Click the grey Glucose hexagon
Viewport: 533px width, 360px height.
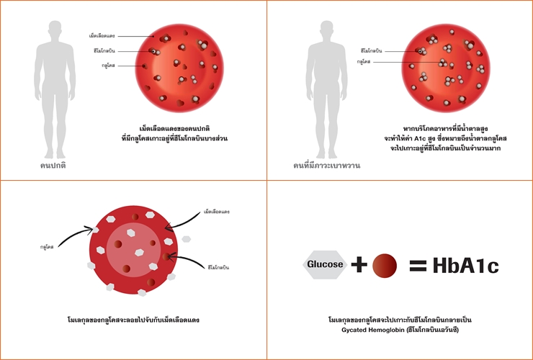point(325,265)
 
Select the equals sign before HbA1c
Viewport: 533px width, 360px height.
point(418,266)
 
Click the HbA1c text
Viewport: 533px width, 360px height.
point(465,266)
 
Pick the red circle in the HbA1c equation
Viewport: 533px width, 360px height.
point(385,266)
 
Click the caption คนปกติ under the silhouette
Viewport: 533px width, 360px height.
point(53,165)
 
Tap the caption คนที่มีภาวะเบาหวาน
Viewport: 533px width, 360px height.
point(326,165)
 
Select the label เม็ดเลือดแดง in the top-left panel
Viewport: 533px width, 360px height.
point(102,35)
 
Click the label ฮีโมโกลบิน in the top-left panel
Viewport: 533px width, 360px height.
point(104,50)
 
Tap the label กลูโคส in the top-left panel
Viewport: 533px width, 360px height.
point(109,66)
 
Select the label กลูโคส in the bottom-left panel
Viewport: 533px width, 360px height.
point(49,246)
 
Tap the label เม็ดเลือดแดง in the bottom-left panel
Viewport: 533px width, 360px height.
point(217,212)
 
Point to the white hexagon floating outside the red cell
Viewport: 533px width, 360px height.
point(186,238)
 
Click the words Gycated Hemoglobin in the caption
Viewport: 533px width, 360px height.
point(374,329)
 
